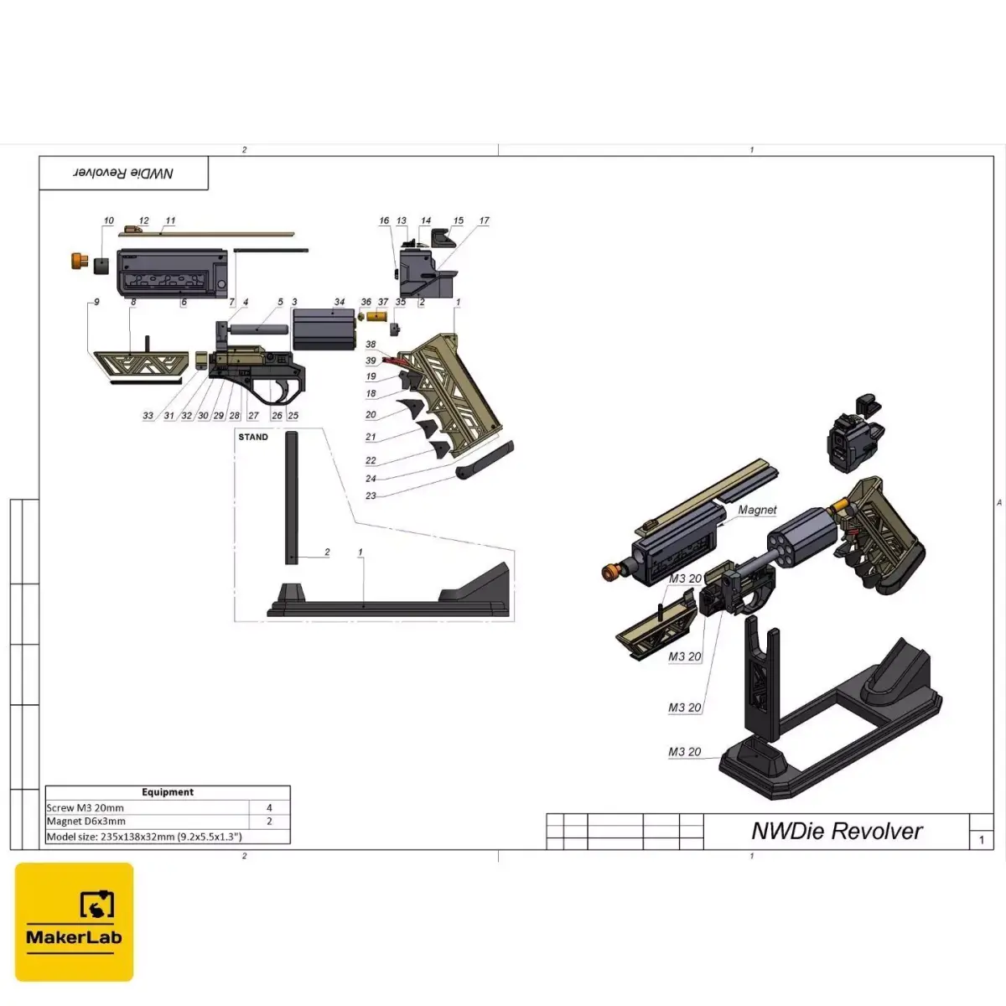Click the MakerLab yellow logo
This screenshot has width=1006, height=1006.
click(74, 921)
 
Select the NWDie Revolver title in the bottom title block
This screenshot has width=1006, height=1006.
click(837, 831)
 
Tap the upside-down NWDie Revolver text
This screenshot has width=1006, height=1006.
click(123, 173)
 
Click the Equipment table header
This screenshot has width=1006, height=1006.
click(168, 792)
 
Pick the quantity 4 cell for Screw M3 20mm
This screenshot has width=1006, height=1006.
click(269, 808)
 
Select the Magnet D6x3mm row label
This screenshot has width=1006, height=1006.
click(86, 822)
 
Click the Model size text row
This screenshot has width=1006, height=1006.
click(144, 837)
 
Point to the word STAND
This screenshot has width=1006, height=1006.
click(253, 437)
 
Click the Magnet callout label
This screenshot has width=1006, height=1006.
click(757, 510)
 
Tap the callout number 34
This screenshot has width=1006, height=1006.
click(340, 302)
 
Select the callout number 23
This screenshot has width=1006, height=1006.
click(371, 495)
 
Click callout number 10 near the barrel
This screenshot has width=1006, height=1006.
click(109, 221)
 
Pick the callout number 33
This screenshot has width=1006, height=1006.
click(148, 416)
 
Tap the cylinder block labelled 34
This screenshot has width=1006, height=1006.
click(324, 329)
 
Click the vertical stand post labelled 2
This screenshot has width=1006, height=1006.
click(291, 496)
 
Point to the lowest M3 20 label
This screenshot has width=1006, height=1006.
click(685, 752)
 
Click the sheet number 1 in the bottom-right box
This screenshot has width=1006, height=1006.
click(982, 839)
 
